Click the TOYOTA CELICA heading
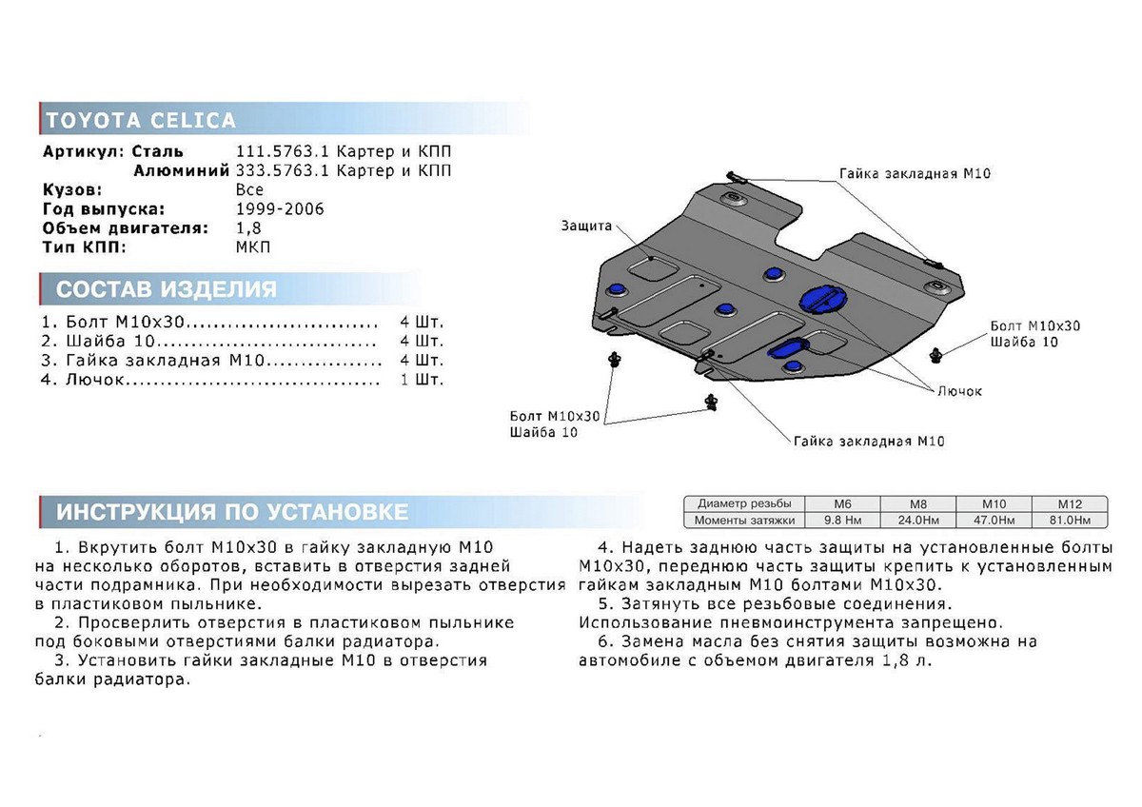click(141, 121)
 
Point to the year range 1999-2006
click(279, 209)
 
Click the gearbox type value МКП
click(252, 247)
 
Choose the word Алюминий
click(181, 171)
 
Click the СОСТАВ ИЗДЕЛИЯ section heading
click(167, 289)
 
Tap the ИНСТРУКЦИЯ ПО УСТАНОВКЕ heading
click(232, 512)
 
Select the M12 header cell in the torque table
click(1070, 503)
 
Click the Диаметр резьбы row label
click(743, 503)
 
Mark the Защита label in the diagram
click(586, 226)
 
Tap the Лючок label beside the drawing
click(958, 391)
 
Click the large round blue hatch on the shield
click(817, 298)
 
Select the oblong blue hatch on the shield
click(789, 347)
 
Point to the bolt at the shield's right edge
click(939, 354)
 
